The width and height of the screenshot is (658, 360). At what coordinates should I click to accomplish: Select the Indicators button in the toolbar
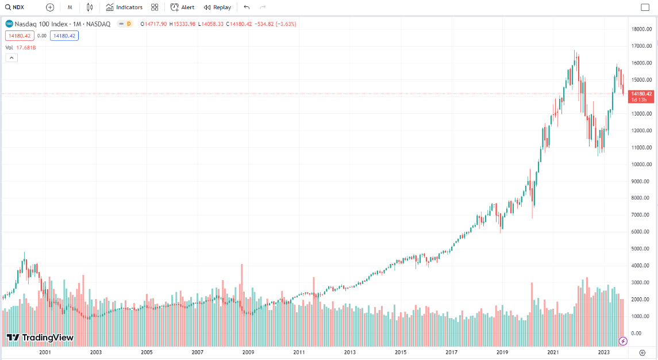[124, 7]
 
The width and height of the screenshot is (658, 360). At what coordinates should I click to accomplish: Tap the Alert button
[182, 7]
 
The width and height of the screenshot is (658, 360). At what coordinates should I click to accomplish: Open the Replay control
[217, 7]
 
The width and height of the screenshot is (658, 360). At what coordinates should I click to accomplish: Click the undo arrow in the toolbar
[247, 7]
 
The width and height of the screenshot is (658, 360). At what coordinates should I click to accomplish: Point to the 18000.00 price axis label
[641, 29]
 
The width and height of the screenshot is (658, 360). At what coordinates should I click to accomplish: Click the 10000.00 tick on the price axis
[641, 164]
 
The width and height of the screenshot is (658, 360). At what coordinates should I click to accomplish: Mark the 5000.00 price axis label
[641, 249]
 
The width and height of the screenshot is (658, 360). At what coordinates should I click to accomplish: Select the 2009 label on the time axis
[248, 351]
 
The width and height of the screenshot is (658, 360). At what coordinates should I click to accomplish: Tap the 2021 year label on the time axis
[553, 351]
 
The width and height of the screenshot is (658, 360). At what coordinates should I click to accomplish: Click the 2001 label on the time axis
[45, 351]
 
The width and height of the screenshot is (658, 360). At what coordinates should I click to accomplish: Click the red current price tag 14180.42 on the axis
[641, 94]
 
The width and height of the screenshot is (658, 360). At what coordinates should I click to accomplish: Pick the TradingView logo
[40, 338]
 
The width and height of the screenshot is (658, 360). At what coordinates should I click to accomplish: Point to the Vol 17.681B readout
[21, 48]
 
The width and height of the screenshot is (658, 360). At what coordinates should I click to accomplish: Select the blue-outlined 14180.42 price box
[64, 36]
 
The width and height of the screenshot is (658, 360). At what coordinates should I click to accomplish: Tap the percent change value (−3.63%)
[285, 24]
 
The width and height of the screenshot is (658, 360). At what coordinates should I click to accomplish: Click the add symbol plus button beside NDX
[50, 7]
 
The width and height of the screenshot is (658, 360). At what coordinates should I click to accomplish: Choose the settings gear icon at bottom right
[642, 351]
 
